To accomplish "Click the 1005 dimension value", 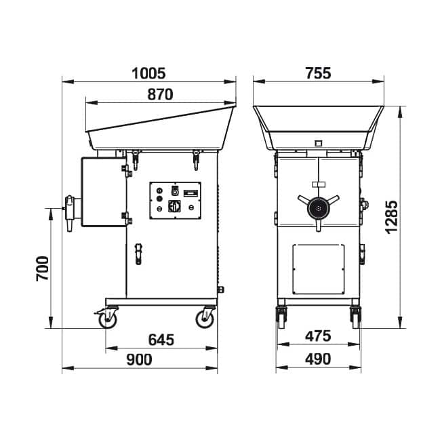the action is [148, 73].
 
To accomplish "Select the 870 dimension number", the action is [160, 94].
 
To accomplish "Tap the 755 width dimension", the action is [318, 73].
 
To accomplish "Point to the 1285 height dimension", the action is [392, 217].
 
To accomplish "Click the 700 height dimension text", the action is [42, 268].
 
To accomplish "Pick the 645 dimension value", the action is [161, 340].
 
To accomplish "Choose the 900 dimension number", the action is [139, 359].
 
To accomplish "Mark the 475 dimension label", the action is [318, 336].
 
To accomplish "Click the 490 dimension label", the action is [318, 359].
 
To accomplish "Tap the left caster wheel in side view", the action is [107, 319].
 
